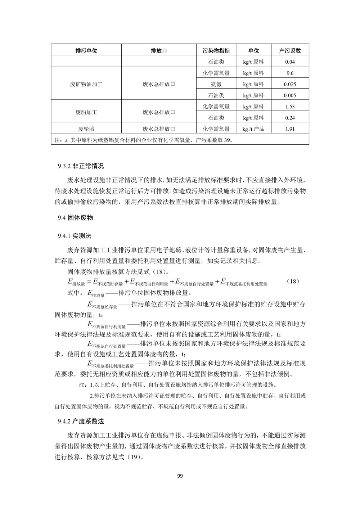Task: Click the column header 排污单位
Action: point(86,51)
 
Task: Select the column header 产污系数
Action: point(290,51)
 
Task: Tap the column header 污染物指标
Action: point(216,51)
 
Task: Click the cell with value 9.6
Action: point(290,73)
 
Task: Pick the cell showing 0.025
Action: point(290,85)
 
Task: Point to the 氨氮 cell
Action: point(216,85)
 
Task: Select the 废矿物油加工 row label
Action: point(86,85)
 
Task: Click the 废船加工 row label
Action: point(86,112)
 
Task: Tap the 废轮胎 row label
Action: point(86,129)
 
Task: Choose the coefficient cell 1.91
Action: point(290,129)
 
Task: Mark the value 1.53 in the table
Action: point(290,107)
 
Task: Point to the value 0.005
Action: point(290,96)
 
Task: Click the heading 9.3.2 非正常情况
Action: point(81,166)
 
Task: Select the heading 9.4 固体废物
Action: point(75,218)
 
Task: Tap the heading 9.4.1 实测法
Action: point(75,236)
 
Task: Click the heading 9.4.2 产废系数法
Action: point(81,421)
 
